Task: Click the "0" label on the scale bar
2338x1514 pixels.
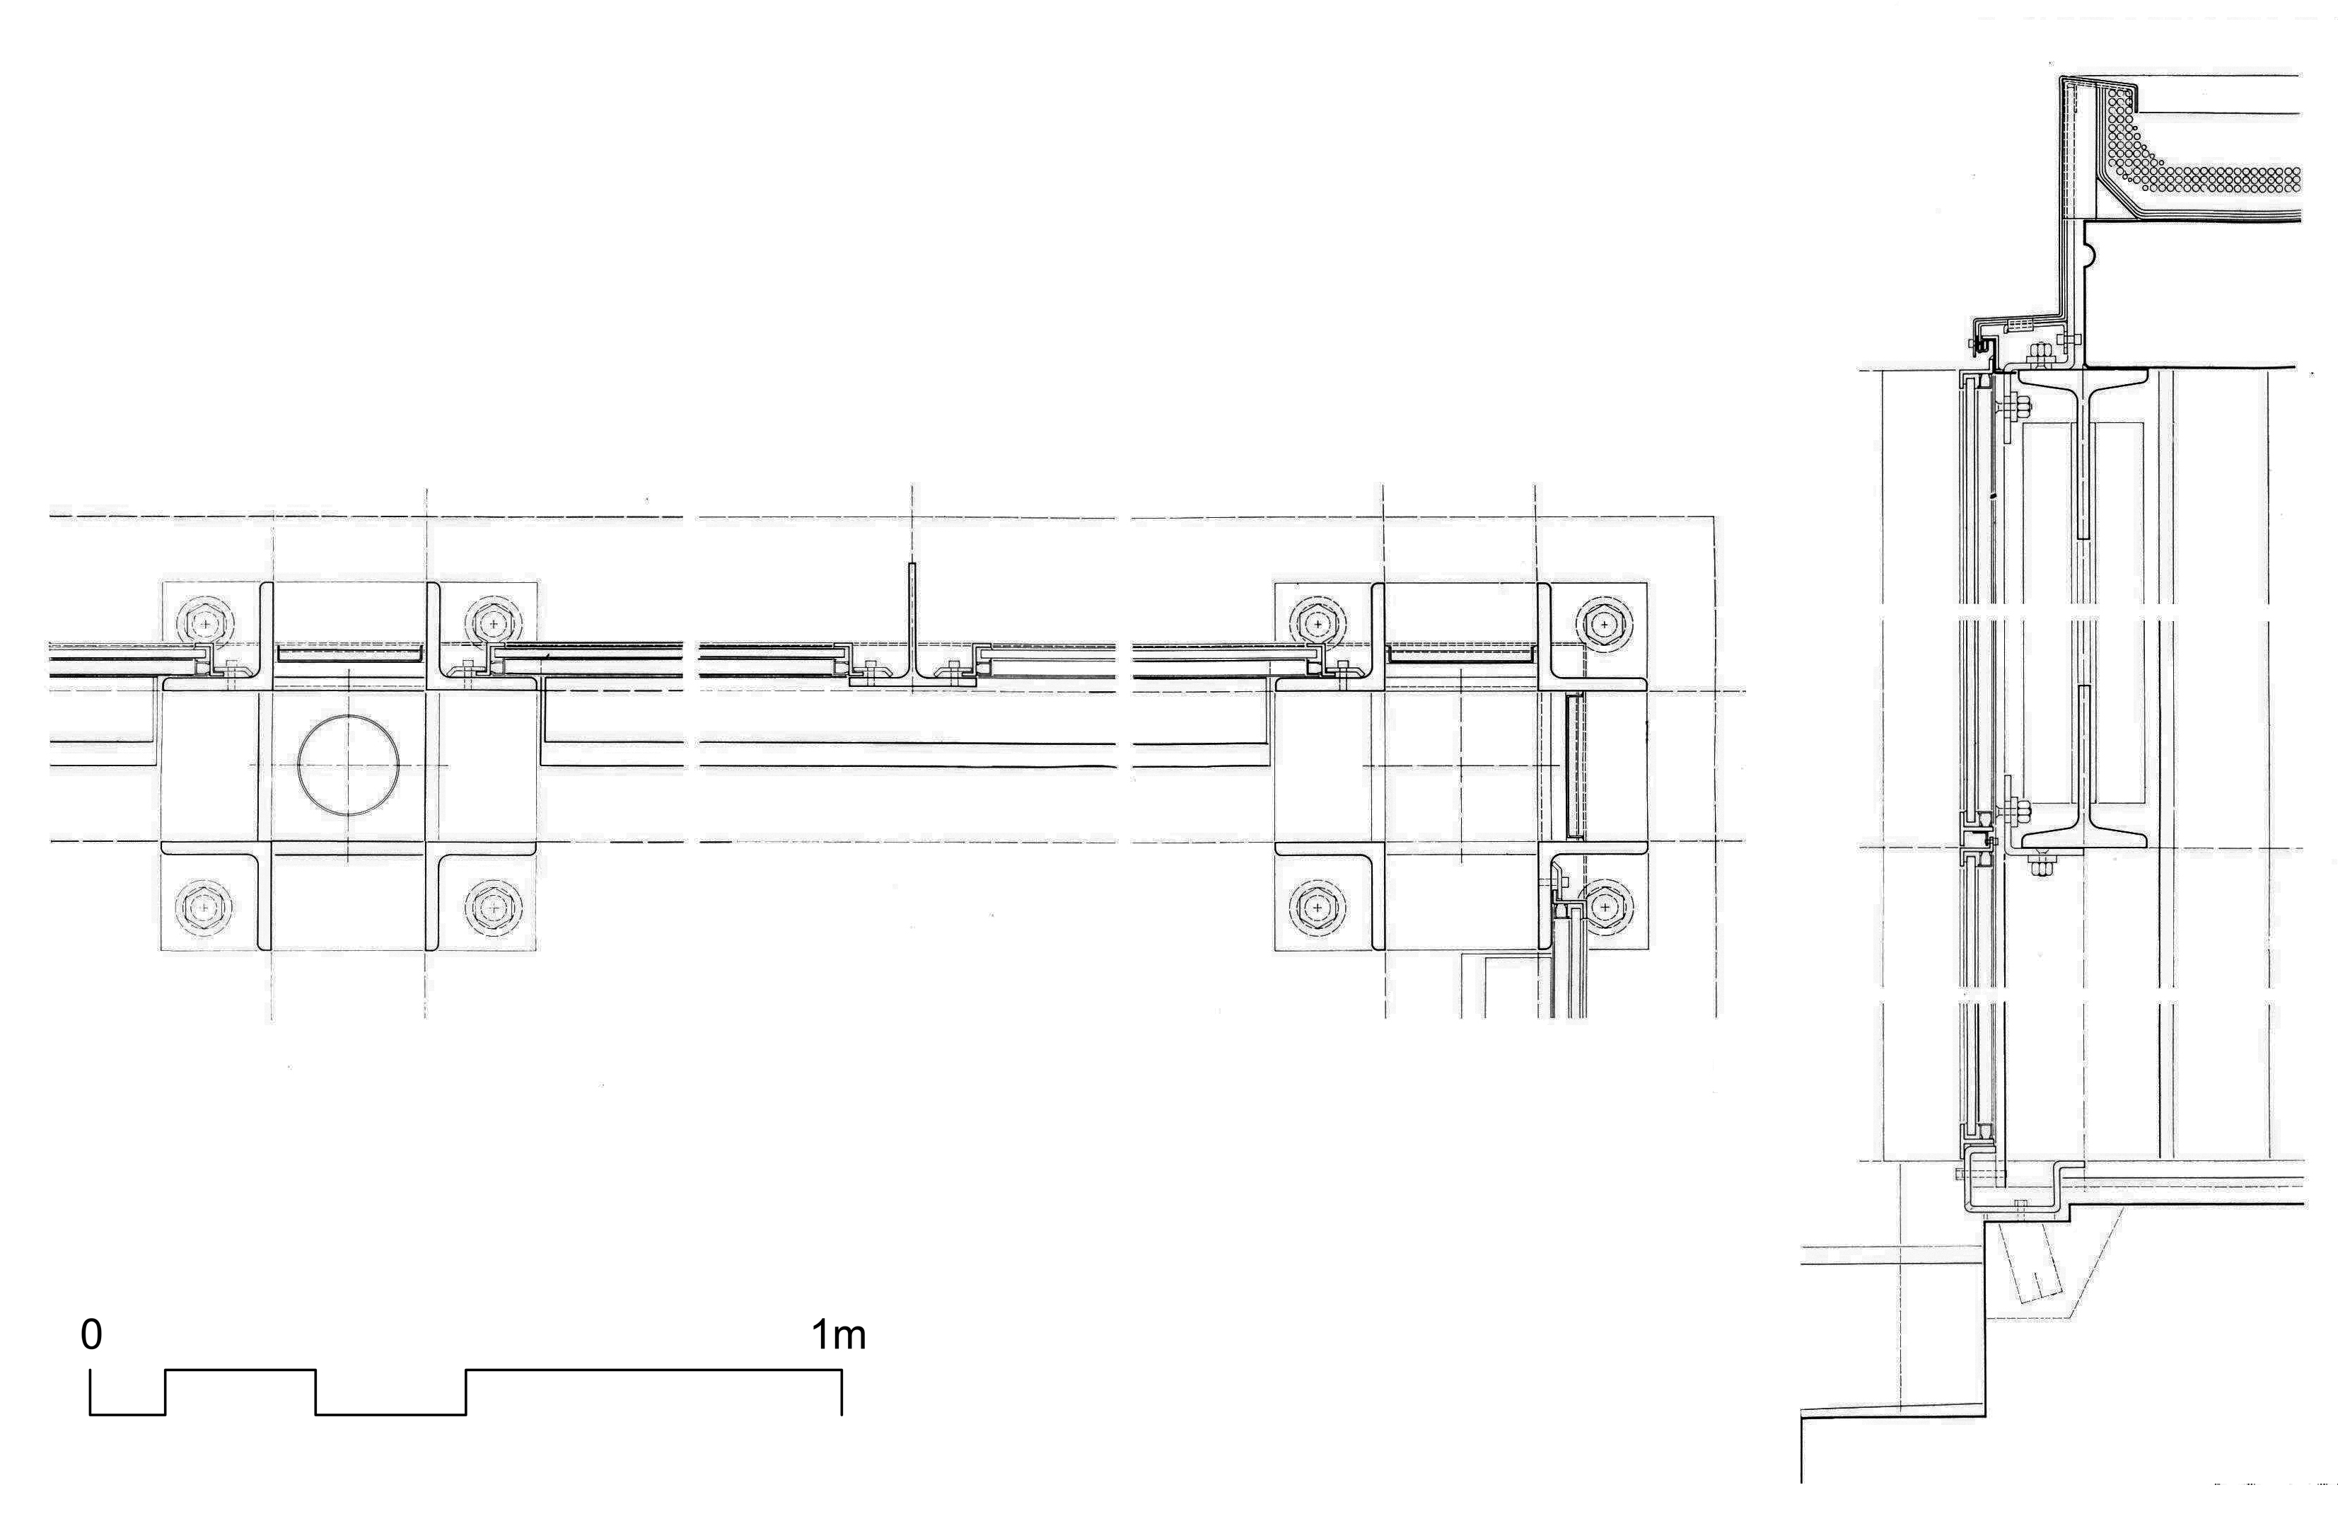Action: tap(91, 1334)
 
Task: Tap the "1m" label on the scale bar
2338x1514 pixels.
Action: tap(839, 1334)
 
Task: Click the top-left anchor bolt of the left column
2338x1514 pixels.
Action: tap(204, 623)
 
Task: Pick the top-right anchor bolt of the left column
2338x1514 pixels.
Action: tap(492, 623)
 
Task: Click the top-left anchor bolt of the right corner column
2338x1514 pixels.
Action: tap(1316, 623)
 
